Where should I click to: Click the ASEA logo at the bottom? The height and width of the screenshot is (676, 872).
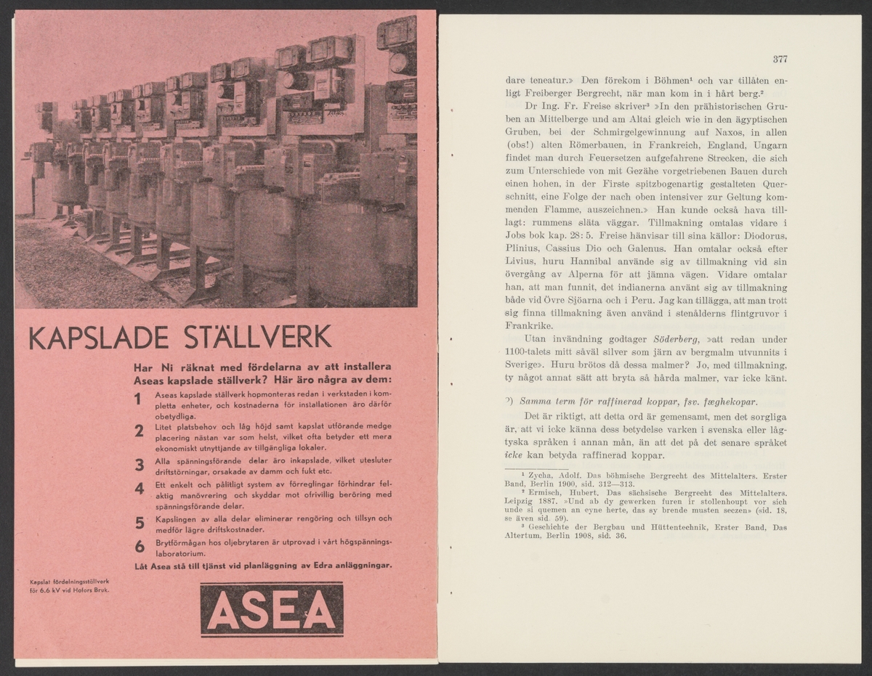pos(272,609)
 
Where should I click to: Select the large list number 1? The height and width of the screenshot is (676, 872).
pos(137,399)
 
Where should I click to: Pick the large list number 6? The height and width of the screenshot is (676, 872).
pos(138,547)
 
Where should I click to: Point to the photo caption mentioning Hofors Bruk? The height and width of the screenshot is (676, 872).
pos(69,585)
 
